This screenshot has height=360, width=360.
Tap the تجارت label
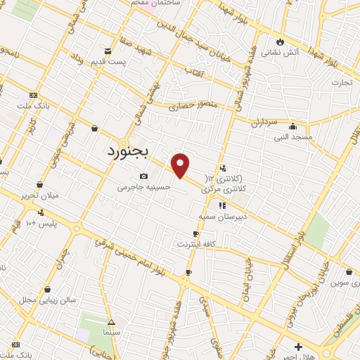coord(340,83)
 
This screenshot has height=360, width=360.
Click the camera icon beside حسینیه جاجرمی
coord(143,176)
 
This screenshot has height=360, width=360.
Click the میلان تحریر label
coord(38,195)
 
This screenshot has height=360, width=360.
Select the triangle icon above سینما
coord(110,322)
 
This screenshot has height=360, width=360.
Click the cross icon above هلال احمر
coord(299,346)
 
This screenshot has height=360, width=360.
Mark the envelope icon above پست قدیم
coord(108,51)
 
